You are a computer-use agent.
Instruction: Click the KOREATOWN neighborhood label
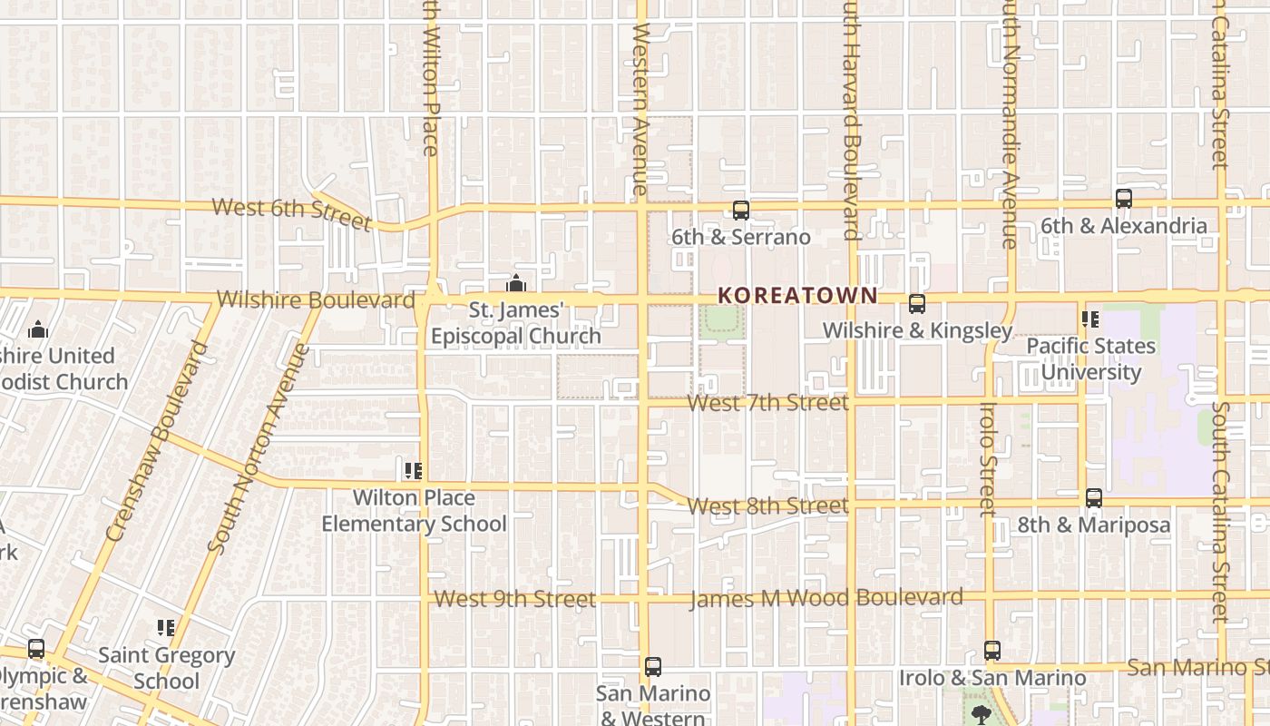797,295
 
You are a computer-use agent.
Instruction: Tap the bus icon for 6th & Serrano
741,211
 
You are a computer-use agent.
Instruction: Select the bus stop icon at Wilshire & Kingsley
917,304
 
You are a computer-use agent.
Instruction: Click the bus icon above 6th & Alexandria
1124,199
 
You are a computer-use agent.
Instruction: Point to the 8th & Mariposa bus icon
1094,498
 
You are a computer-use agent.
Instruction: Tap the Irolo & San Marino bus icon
992,651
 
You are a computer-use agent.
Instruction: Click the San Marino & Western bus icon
653,667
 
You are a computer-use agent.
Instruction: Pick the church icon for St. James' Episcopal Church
516,284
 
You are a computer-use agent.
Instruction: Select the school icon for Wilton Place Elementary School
414,471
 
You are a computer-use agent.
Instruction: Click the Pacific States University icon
1090,319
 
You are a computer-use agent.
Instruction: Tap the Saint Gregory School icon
166,628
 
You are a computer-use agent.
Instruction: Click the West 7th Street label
768,402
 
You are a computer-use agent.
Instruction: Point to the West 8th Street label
767,505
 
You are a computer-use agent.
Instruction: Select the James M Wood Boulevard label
825,598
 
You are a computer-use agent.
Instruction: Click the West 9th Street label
514,599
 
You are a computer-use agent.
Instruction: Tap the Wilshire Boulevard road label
316,299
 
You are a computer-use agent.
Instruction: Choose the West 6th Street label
291,212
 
